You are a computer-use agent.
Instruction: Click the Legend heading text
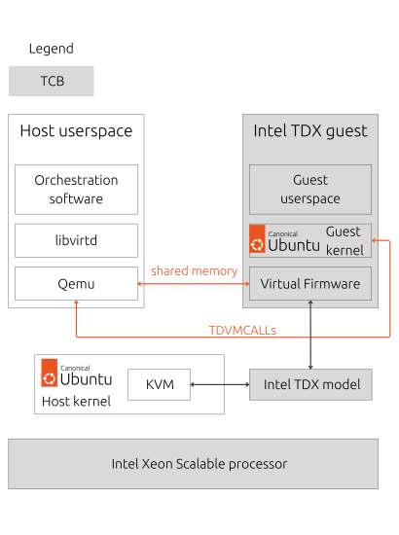tap(51, 49)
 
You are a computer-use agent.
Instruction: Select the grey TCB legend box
tap(52, 81)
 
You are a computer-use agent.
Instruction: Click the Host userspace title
tap(76, 131)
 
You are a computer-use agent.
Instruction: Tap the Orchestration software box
tap(76, 190)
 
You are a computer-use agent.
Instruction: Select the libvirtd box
tap(76, 240)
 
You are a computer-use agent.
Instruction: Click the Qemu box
tap(76, 284)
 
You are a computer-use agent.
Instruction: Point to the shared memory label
tap(194, 270)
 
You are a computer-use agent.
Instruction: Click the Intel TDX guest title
tap(309, 131)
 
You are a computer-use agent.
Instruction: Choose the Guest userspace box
tap(309, 190)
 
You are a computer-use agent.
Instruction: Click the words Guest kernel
tap(344, 240)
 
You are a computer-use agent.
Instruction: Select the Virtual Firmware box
tap(309, 284)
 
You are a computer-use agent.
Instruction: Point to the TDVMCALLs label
tap(242, 330)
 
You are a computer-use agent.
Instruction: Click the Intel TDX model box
tap(311, 384)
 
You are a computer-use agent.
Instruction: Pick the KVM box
tap(160, 385)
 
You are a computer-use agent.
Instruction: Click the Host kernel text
tap(76, 401)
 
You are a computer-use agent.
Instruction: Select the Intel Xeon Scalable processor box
tap(193, 463)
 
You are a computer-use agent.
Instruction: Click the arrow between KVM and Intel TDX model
tap(220, 385)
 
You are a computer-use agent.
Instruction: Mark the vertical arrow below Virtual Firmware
tap(310, 336)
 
